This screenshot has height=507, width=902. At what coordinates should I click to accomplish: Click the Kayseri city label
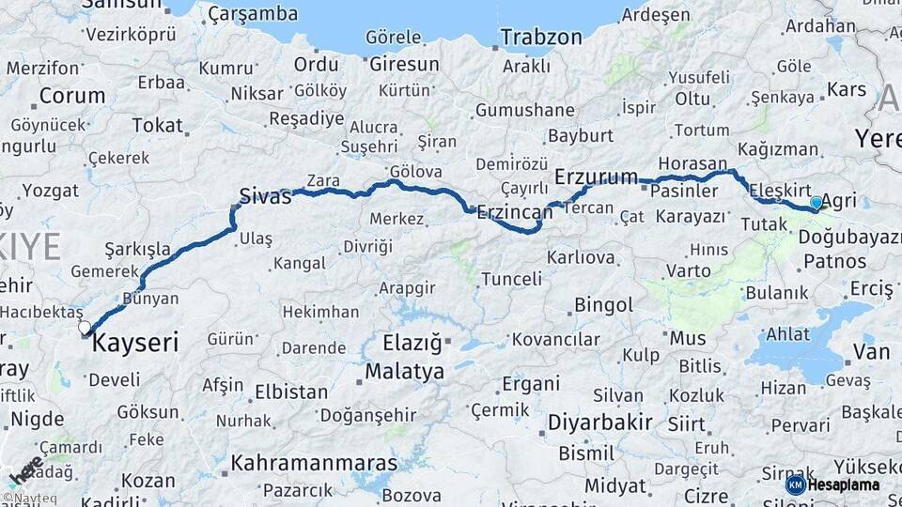(135, 343)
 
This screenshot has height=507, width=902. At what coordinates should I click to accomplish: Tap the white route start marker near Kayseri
(86, 328)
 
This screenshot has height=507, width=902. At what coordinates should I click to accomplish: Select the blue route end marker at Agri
(816, 203)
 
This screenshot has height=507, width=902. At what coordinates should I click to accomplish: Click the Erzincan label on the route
(514, 212)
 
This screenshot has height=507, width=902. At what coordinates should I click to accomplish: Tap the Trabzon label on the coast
(541, 38)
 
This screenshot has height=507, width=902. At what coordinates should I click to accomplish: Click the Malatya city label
(404, 371)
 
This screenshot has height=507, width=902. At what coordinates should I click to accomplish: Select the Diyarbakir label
(599, 422)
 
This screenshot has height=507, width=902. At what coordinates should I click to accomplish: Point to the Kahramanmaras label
(314, 463)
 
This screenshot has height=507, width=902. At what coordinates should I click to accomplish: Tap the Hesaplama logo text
(844, 485)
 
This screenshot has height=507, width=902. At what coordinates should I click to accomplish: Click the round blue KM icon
(795, 485)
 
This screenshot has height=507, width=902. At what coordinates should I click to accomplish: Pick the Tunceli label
(511, 279)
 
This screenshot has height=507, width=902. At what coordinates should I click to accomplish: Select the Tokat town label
(158, 125)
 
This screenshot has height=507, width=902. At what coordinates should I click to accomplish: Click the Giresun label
(404, 65)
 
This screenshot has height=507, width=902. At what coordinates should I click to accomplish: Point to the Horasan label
(693, 163)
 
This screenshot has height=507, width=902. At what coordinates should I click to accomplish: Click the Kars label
(847, 90)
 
